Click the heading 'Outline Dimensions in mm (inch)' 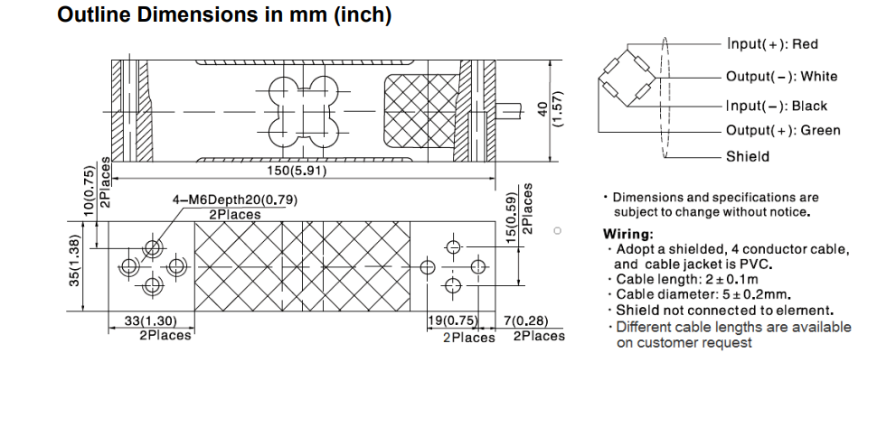[x=224, y=16]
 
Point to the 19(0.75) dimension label [x=451, y=321]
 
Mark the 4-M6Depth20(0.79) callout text [x=234, y=200]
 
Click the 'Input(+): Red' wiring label [x=773, y=44]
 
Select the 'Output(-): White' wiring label [x=781, y=77]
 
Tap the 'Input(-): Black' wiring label [x=776, y=106]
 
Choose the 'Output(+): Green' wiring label [x=782, y=130]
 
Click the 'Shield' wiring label [x=747, y=156]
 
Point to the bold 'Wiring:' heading [x=627, y=234]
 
